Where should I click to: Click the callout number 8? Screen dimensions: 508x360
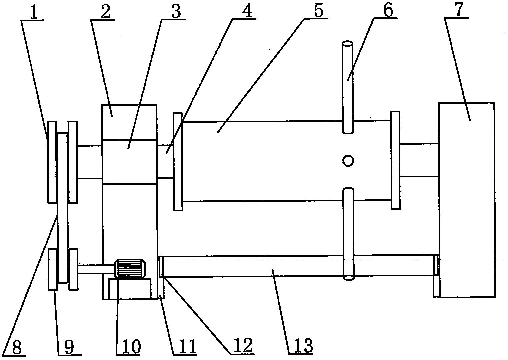click(x=17, y=347)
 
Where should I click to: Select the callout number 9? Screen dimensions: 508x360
click(x=69, y=347)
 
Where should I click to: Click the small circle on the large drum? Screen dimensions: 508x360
click(x=348, y=161)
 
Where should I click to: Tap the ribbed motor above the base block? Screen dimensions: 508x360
click(x=130, y=269)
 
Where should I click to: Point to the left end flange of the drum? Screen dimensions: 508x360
click(x=178, y=162)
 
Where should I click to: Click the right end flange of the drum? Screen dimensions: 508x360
click(x=395, y=160)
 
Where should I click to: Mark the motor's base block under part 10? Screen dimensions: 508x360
click(x=130, y=289)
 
